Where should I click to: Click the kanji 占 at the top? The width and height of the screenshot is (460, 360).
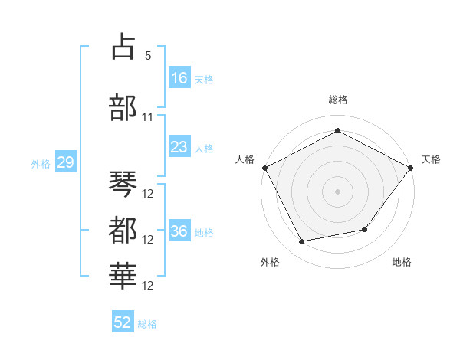click(x=123, y=46)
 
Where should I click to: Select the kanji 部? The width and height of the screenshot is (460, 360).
click(x=123, y=107)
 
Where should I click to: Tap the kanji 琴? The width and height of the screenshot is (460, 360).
click(x=123, y=184)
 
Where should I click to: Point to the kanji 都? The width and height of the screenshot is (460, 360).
click(x=123, y=230)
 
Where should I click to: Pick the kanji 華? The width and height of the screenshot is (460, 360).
click(x=123, y=277)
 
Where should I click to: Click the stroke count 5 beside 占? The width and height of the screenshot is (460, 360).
click(x=148, y=56)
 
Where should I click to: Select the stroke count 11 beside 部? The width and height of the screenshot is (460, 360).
click(x=147, y=117)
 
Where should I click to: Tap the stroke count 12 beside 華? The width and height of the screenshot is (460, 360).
click(x=147, y=286)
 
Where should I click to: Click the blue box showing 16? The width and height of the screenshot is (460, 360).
click(x=180, y=77)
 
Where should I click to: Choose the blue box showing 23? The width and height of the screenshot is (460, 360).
click(x=180, y=146)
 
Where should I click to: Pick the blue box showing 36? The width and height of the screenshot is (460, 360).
click(x=180, y=230)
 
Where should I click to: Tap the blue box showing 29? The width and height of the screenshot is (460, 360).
click(x=66, y=162)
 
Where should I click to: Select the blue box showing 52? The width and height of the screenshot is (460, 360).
click(x=123, y=321)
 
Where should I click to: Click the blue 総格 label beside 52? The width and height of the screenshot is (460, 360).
click(x=147, y=324)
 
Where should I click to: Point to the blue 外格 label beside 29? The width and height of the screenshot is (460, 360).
click(x=41, y=164)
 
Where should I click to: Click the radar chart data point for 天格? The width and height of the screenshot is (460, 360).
click(x=410, y=168)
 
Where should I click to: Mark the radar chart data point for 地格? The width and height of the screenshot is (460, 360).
click(x=365, y=229)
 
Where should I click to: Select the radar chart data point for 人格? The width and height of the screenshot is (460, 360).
click(x=265, y=168)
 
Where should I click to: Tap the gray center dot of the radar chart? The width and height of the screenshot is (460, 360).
click(x=337, y=191)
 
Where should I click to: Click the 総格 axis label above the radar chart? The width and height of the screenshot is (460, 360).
click(x=338, y=100)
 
